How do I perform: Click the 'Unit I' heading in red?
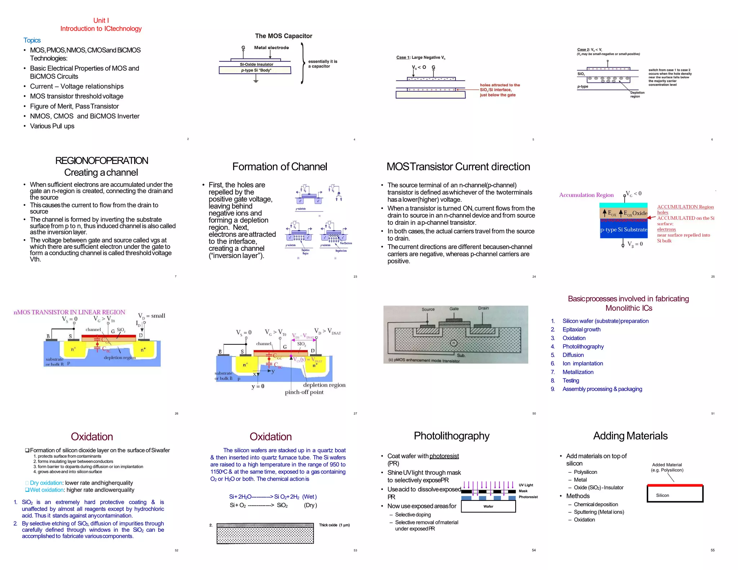coord(101,21)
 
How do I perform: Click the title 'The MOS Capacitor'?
coord(284,36)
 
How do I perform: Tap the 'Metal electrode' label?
coord(271,48)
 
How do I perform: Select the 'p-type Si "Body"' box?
coord(255,70)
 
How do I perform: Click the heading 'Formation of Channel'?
coord(280,167)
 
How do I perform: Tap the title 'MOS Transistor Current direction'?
coord(458,167)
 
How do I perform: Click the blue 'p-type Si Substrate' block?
coord(623,230)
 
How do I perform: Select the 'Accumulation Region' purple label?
coord(586,195)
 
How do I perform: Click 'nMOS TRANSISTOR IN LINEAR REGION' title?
coord(69,312)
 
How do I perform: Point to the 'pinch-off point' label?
coord(304,392)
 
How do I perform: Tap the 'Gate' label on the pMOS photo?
coord(454,309)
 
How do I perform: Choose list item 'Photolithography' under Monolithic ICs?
coord(583,347)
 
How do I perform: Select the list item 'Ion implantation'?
coord(583,364)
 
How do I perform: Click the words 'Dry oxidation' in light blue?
coord(46,483)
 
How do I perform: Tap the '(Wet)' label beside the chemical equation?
coord(310,496)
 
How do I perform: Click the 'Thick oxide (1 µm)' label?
coord(334,525)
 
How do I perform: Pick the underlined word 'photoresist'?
coord(444,456)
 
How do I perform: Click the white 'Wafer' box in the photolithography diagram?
coord(488,506)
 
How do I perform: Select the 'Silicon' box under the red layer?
coord(662,495)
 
